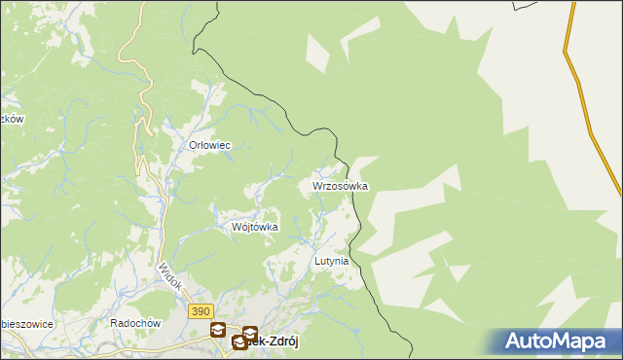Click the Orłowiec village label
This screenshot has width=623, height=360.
point(208,145)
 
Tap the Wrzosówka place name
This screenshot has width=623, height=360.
point(340,185)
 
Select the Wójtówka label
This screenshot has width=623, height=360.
point(255,227)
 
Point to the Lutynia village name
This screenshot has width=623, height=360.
point(331,262)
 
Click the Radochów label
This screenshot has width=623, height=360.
point(134,323)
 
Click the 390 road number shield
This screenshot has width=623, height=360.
point(201,310)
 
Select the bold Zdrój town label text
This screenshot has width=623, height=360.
point(274,343)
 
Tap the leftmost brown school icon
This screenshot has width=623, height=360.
point(217,330)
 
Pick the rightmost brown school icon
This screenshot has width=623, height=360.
point(250,333)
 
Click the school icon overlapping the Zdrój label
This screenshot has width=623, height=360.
point(238,342)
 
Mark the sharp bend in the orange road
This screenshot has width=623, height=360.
point(566,49)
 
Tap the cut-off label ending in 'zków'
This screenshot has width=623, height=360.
point(11,119)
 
